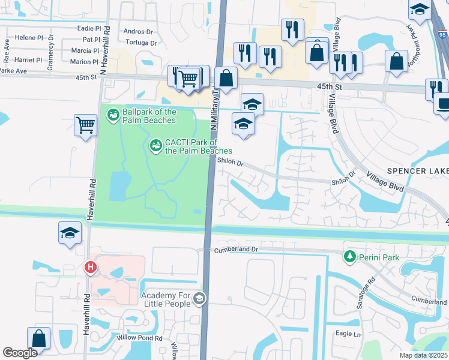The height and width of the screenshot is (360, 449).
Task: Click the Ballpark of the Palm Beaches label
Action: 149,116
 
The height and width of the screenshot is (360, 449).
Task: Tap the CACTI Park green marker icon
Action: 155,145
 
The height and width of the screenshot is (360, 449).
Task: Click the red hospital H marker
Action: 90,267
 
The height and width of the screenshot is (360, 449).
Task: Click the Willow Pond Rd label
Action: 141,338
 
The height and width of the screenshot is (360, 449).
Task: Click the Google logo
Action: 20,353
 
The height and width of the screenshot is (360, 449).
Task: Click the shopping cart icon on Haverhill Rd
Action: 86,125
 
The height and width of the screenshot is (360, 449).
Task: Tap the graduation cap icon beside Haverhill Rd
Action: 70,232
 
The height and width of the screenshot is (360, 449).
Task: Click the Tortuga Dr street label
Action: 141,43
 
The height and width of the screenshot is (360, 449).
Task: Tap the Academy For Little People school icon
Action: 199,299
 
